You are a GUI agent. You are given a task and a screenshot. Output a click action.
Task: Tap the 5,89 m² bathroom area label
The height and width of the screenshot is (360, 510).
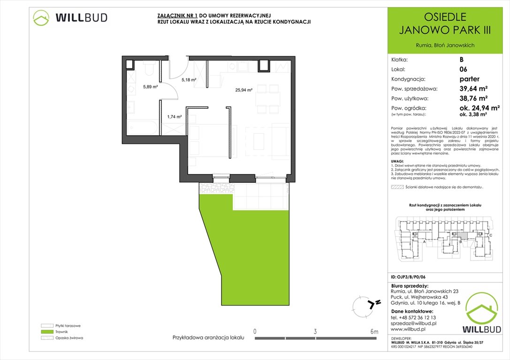coord(150,86)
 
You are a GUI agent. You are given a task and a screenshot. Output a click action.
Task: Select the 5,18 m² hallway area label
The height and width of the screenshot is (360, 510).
coord(188,80)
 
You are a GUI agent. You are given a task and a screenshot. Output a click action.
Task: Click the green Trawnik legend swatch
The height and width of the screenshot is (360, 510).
coord(47,331)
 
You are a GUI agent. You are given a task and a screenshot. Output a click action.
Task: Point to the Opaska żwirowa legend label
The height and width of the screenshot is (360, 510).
coord(69,337)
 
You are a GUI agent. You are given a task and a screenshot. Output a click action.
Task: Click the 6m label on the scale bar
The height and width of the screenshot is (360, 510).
coord(374,332)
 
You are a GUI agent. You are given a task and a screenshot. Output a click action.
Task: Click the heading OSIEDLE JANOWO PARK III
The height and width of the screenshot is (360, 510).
coord(444,24)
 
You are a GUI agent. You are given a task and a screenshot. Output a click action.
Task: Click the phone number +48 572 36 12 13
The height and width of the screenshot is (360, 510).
coord(416,317)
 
